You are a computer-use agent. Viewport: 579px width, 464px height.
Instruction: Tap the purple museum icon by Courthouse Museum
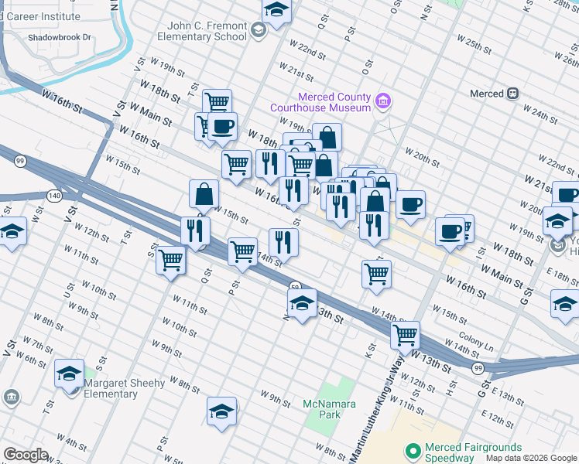(x=382, y=101)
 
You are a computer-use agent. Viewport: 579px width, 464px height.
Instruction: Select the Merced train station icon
(x=512, y=94)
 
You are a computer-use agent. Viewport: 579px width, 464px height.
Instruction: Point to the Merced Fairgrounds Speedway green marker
(x=413, y=449)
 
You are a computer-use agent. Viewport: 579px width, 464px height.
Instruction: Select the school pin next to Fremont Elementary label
(x=259, y=30)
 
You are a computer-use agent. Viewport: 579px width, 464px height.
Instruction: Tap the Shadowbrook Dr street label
(x=58, y=37)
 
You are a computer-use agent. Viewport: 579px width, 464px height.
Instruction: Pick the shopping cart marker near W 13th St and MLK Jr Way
(x=405, y=336)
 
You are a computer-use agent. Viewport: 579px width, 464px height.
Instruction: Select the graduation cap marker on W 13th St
(x=302, y=302)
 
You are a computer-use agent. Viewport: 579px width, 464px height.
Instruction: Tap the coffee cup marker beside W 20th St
(x=410, y=205)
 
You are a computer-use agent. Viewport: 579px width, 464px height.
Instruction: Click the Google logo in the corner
(x=26, y=455)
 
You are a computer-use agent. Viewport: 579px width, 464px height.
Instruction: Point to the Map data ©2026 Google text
(x=530, y=458)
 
